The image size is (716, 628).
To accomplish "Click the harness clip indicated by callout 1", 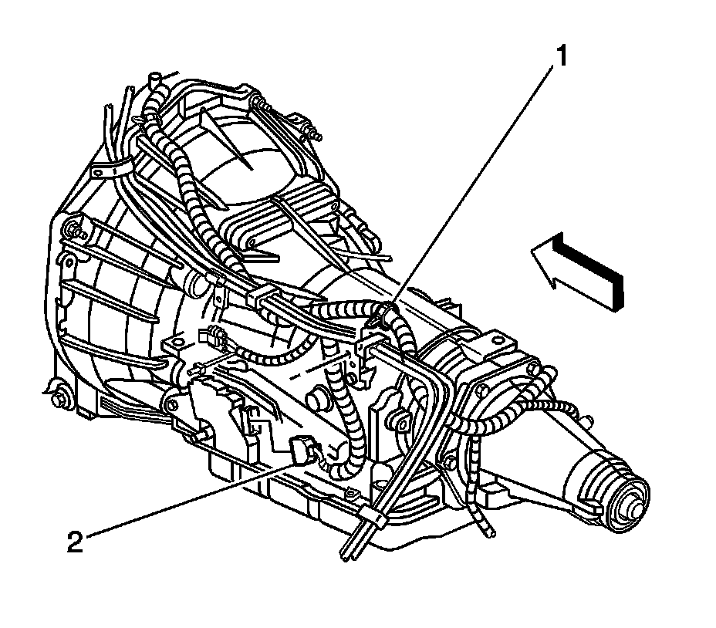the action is pyautogui.click(x=380, y=316).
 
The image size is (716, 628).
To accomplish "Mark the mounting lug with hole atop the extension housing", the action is pyautogui.click(x=494, y=339).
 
